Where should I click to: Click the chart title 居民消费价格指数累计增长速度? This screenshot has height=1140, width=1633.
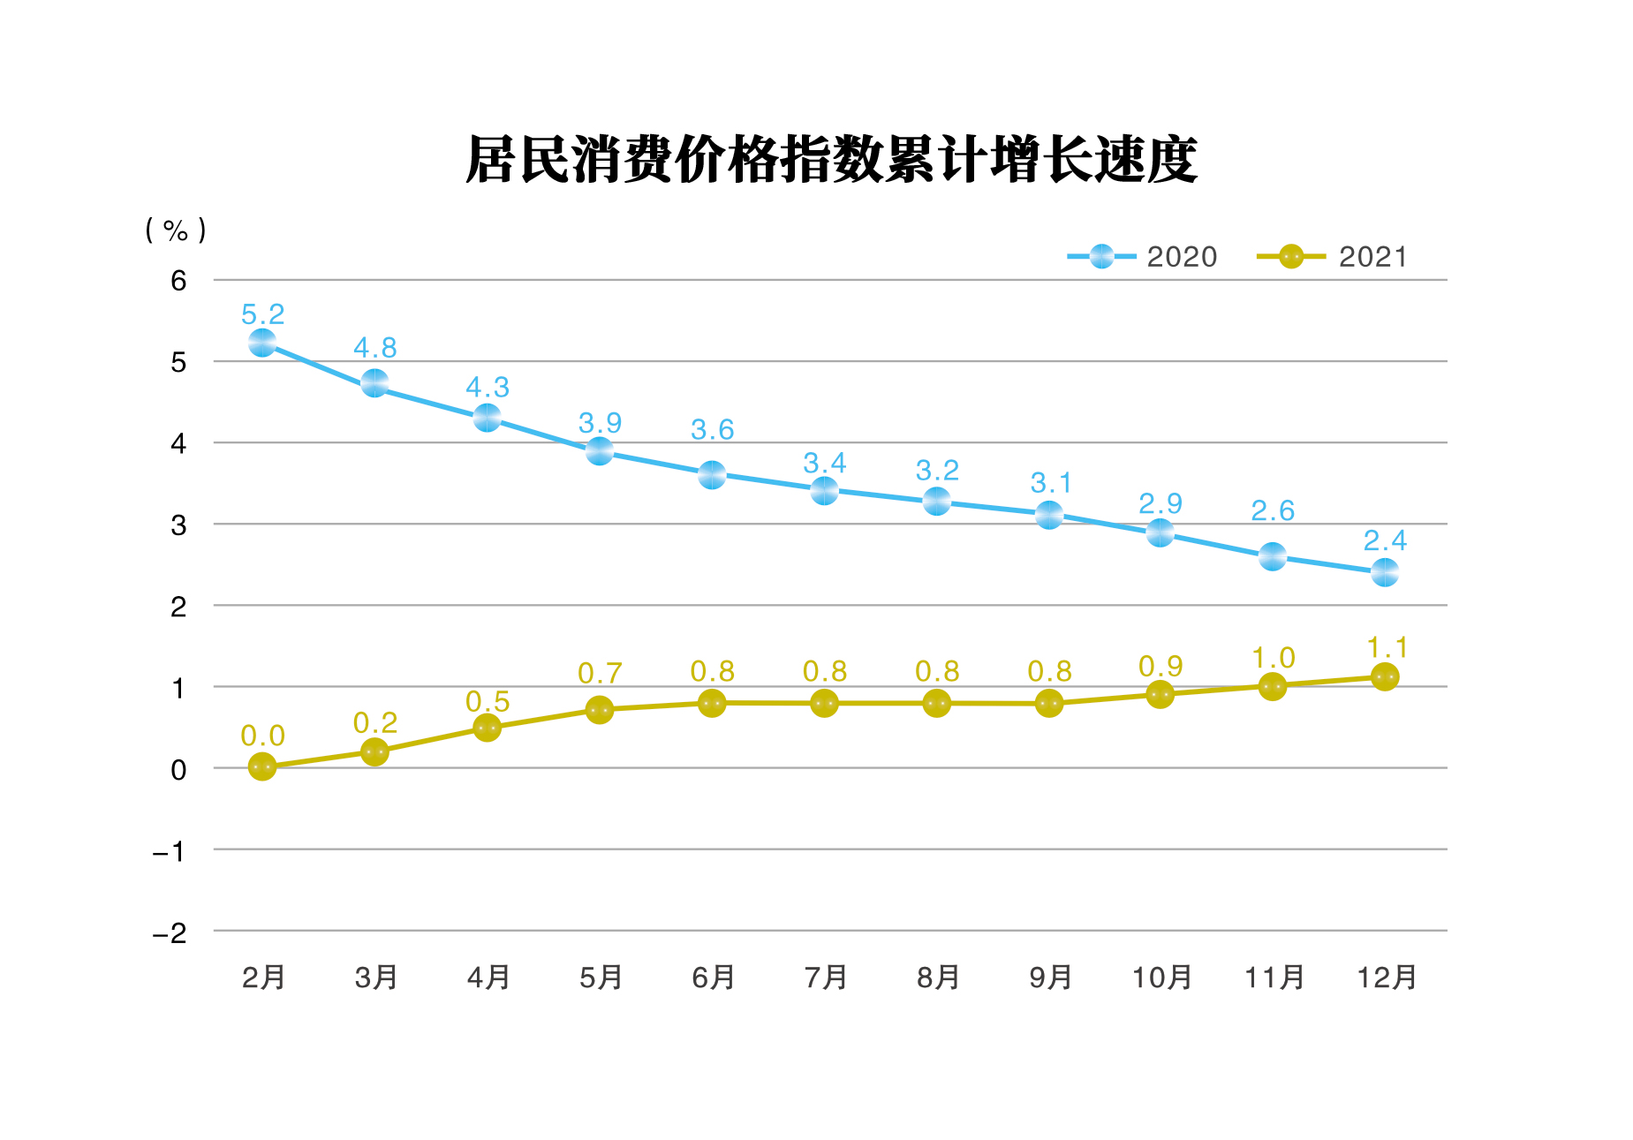831,161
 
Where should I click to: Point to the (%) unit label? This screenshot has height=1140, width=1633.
176,230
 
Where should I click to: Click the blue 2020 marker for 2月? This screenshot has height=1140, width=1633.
262,343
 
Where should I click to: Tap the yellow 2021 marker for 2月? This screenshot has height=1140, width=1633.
262,766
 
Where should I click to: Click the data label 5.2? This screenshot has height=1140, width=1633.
262,314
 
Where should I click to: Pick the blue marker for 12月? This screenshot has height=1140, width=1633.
1385,572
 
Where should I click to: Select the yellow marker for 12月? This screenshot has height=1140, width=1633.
1385,677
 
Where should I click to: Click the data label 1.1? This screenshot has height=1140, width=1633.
1387,648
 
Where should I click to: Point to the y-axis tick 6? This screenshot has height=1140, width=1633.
178,281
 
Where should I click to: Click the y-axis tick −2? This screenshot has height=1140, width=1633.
170,933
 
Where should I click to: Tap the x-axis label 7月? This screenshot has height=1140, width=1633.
826,978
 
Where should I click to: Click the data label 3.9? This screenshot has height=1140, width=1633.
600,423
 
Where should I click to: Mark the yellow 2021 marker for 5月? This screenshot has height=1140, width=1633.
600,710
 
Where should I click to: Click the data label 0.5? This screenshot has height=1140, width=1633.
488,702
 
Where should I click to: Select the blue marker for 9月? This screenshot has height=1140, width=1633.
1049,515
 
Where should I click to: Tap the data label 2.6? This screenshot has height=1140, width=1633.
1273,510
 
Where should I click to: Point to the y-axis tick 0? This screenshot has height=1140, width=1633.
178,770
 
